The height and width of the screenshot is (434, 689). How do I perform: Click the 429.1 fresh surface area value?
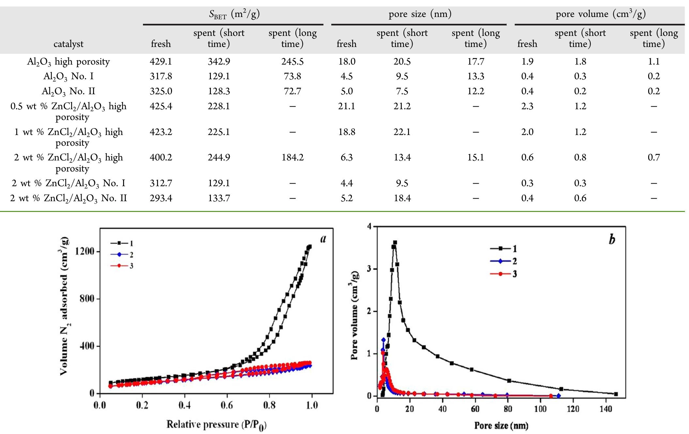pos(161,61)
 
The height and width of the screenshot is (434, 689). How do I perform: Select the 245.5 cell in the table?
pos(292,61)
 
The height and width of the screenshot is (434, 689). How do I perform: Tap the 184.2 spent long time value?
pos(292,157)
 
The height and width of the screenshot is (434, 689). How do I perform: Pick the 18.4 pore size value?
pos(402,198)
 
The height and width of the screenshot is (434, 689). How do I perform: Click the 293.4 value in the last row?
pos(161,198)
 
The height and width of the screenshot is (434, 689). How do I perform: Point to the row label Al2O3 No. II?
pos(68,91)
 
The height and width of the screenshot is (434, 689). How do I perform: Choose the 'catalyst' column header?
pos(68,44)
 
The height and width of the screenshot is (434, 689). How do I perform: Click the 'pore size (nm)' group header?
pos(420,14)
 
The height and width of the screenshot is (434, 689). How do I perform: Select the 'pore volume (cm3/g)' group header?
pos(600,14)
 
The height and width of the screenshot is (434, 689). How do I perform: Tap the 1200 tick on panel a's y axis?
pos(85,251)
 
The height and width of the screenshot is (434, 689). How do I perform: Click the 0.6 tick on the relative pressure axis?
pos(227,405)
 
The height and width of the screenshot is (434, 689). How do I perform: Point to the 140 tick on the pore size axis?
pos(606,409)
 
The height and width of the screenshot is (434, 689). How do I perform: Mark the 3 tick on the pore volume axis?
pos(369,269)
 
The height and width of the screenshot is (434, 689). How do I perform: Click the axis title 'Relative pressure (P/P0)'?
pos(216,425)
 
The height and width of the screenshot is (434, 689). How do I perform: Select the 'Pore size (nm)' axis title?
pos(501,425)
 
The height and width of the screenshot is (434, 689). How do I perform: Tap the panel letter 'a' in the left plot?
pos(323,239)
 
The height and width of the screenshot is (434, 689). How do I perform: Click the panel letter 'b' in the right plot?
pos(612,240)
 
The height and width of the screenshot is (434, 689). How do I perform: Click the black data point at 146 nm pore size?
pos(616,394)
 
